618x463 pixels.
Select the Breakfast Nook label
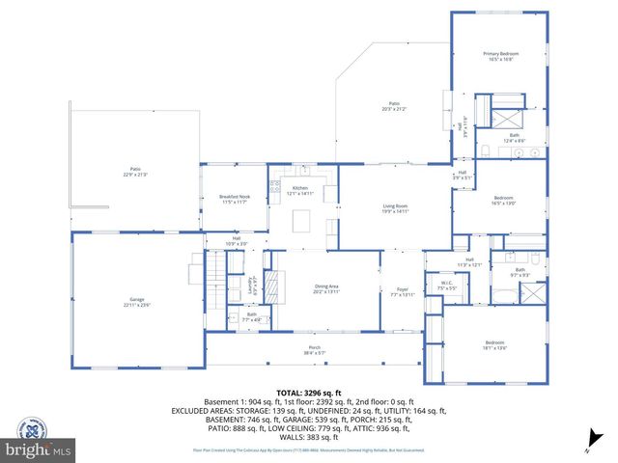tap(235, 200)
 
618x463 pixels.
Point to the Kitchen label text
tap(299, 190)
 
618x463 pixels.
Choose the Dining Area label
tap(326, 288)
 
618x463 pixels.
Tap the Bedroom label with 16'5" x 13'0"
tap(504, 201)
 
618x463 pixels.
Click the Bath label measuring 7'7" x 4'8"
tap(251, 316)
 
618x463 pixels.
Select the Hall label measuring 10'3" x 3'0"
tap(237, 242)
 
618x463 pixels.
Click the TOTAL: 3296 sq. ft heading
tap(308, 394)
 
